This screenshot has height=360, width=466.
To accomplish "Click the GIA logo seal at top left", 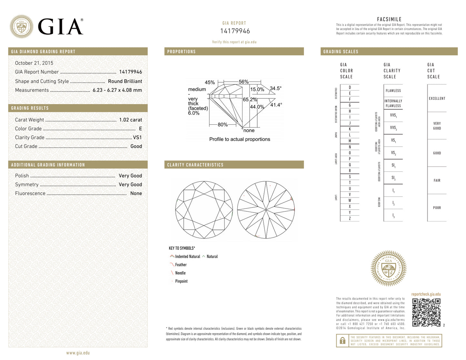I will coord(21,26).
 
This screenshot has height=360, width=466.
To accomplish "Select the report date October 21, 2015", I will coord(34,63).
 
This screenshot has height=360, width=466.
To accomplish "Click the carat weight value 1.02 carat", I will coord(130,120).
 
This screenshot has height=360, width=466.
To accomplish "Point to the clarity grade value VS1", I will coord(137,138).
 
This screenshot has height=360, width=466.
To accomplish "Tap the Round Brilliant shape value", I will coord(125,82).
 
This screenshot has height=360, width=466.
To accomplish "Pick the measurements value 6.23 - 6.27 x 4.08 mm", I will coord(117,90).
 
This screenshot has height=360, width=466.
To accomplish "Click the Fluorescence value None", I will coord(136,193).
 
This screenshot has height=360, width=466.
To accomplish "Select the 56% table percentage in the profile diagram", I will coord(243,82).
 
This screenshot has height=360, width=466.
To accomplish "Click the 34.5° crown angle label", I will coord(275,88).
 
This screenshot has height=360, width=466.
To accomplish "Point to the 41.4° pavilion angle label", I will coord(276,105).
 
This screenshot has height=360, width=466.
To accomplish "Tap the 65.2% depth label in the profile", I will coord(250,100).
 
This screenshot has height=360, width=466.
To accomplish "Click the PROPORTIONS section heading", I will coord(181,52).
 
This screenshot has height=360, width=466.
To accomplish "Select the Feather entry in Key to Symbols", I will coord(181,265).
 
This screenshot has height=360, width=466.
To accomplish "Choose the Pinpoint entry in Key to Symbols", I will coord(181,281).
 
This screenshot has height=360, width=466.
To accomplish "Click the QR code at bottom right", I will coord(426,312).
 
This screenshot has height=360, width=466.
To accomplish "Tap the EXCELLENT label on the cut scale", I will coord(437,99).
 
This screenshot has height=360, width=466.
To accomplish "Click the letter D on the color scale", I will coord(350,88).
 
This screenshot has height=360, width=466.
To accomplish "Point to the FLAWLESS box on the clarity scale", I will coord(393,91).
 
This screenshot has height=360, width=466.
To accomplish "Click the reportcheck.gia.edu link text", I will coord(426,294).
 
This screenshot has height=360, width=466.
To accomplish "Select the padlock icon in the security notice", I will coord(342,341).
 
